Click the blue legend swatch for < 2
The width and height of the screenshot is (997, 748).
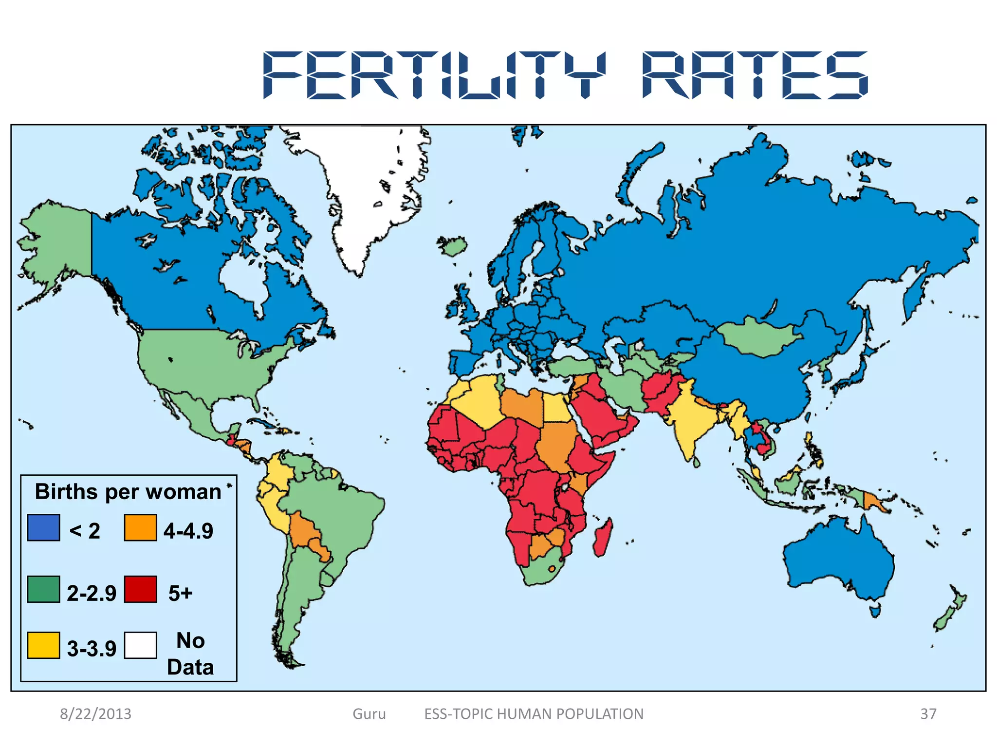click(x=43, y=527)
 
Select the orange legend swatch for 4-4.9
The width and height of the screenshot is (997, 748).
click(x=140, y=527)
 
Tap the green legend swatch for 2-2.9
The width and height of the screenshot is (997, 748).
click(x=43, y=589)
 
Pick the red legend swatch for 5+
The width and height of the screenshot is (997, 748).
click(x=140, y=589)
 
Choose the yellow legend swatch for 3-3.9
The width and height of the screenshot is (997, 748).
click(x=43, y=645)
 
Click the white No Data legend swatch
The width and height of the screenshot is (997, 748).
click(x=140, y=645)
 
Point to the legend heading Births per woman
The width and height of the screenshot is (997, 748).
click(x=128, y=492)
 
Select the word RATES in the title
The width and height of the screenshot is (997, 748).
click(x=755, y=75)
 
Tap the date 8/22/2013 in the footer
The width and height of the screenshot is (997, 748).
click(x=95, y=714)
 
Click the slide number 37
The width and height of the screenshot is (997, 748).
click(x=928, y=714)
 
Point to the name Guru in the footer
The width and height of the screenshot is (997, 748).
click(x=369, y=714)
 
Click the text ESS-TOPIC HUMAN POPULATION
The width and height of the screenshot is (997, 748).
click(x=534, y=714)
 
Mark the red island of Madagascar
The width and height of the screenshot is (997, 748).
click(x=603, y=538)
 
